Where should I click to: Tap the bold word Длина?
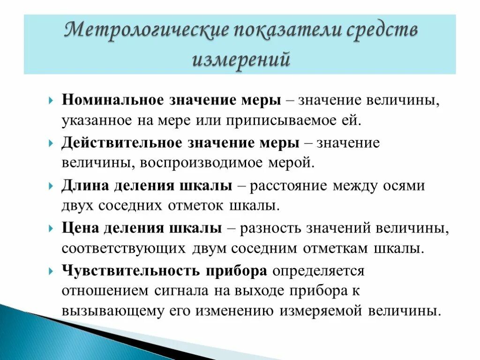(x=82, y=186)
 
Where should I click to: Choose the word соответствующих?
(x=124, y=248)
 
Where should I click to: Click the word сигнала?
(x=181, y=291)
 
